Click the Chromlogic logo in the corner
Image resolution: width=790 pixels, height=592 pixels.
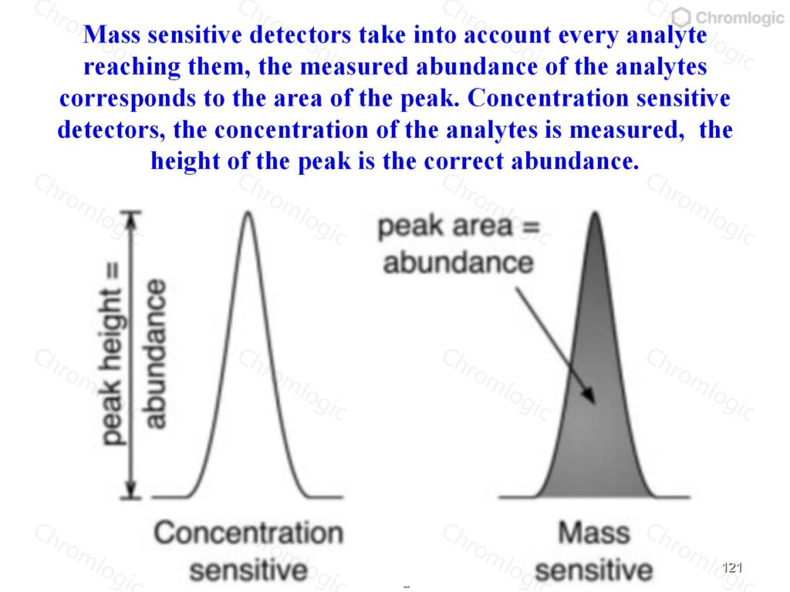pos(728,18)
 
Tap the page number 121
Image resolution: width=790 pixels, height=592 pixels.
pos(732,568)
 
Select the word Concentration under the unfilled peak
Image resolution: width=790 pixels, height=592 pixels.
pos(248,533)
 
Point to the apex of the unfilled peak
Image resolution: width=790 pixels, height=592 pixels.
pos(248,212)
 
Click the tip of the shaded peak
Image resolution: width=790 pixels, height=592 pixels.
pos(595,213)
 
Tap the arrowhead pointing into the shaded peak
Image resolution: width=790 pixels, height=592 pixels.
pos(589,395)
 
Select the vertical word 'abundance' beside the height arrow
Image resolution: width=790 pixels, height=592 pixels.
pos(154,354)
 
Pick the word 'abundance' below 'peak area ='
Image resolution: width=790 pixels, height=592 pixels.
pos(458,263)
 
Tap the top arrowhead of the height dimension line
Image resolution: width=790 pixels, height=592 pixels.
pos(130,219)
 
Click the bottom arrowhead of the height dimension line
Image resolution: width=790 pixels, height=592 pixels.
pos(130,489)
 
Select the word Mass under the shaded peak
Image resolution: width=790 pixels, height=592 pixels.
pos(594,533)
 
